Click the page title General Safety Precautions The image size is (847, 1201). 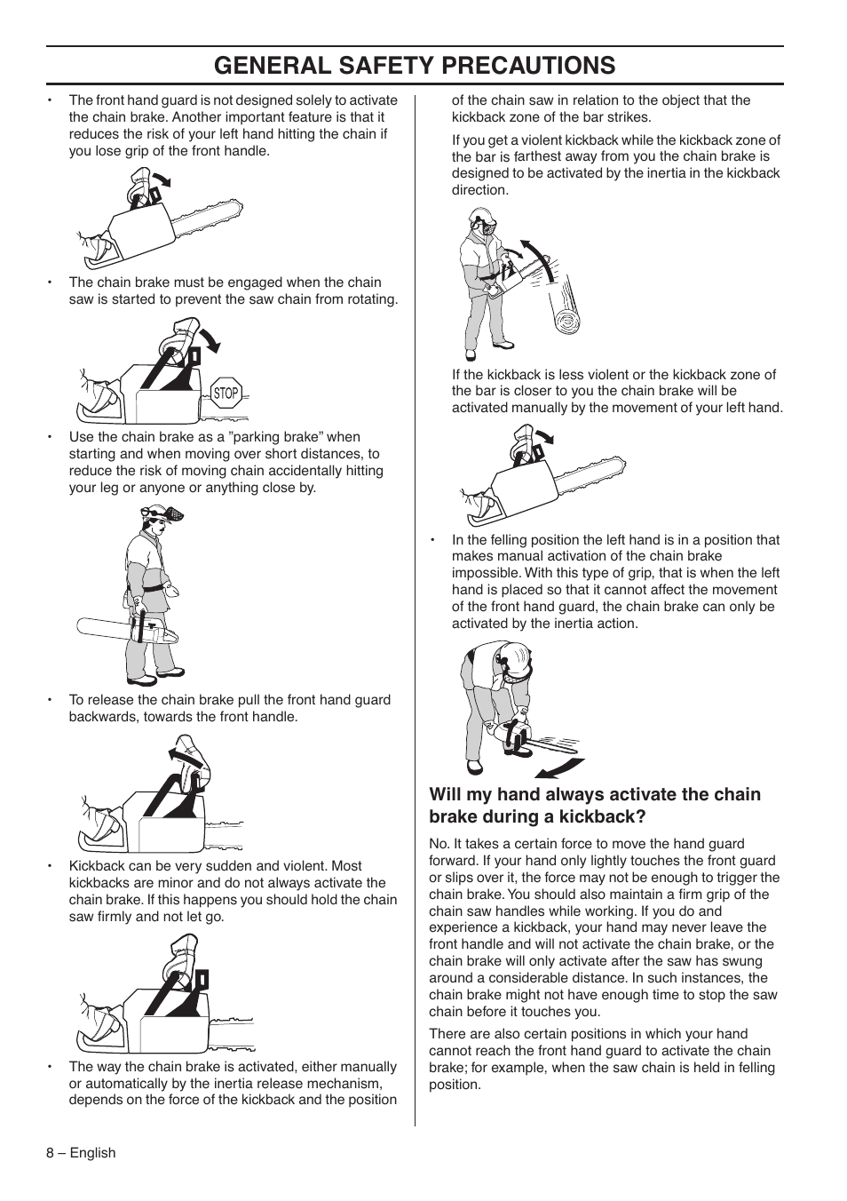pos(415,66)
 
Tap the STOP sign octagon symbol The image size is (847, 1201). pos(226,394)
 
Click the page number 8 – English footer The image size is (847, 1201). pos(82,1152)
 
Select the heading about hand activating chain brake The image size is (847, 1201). pos(595,806)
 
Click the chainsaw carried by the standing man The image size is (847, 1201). pos(129,629)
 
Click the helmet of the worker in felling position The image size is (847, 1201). pos(513,659)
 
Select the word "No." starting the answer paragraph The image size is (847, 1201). pos(439,844)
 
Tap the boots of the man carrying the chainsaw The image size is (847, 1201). pos(160,677)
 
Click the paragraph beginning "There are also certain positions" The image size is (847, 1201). pos(601,1059)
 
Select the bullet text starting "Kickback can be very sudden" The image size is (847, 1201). pos(233,891)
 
